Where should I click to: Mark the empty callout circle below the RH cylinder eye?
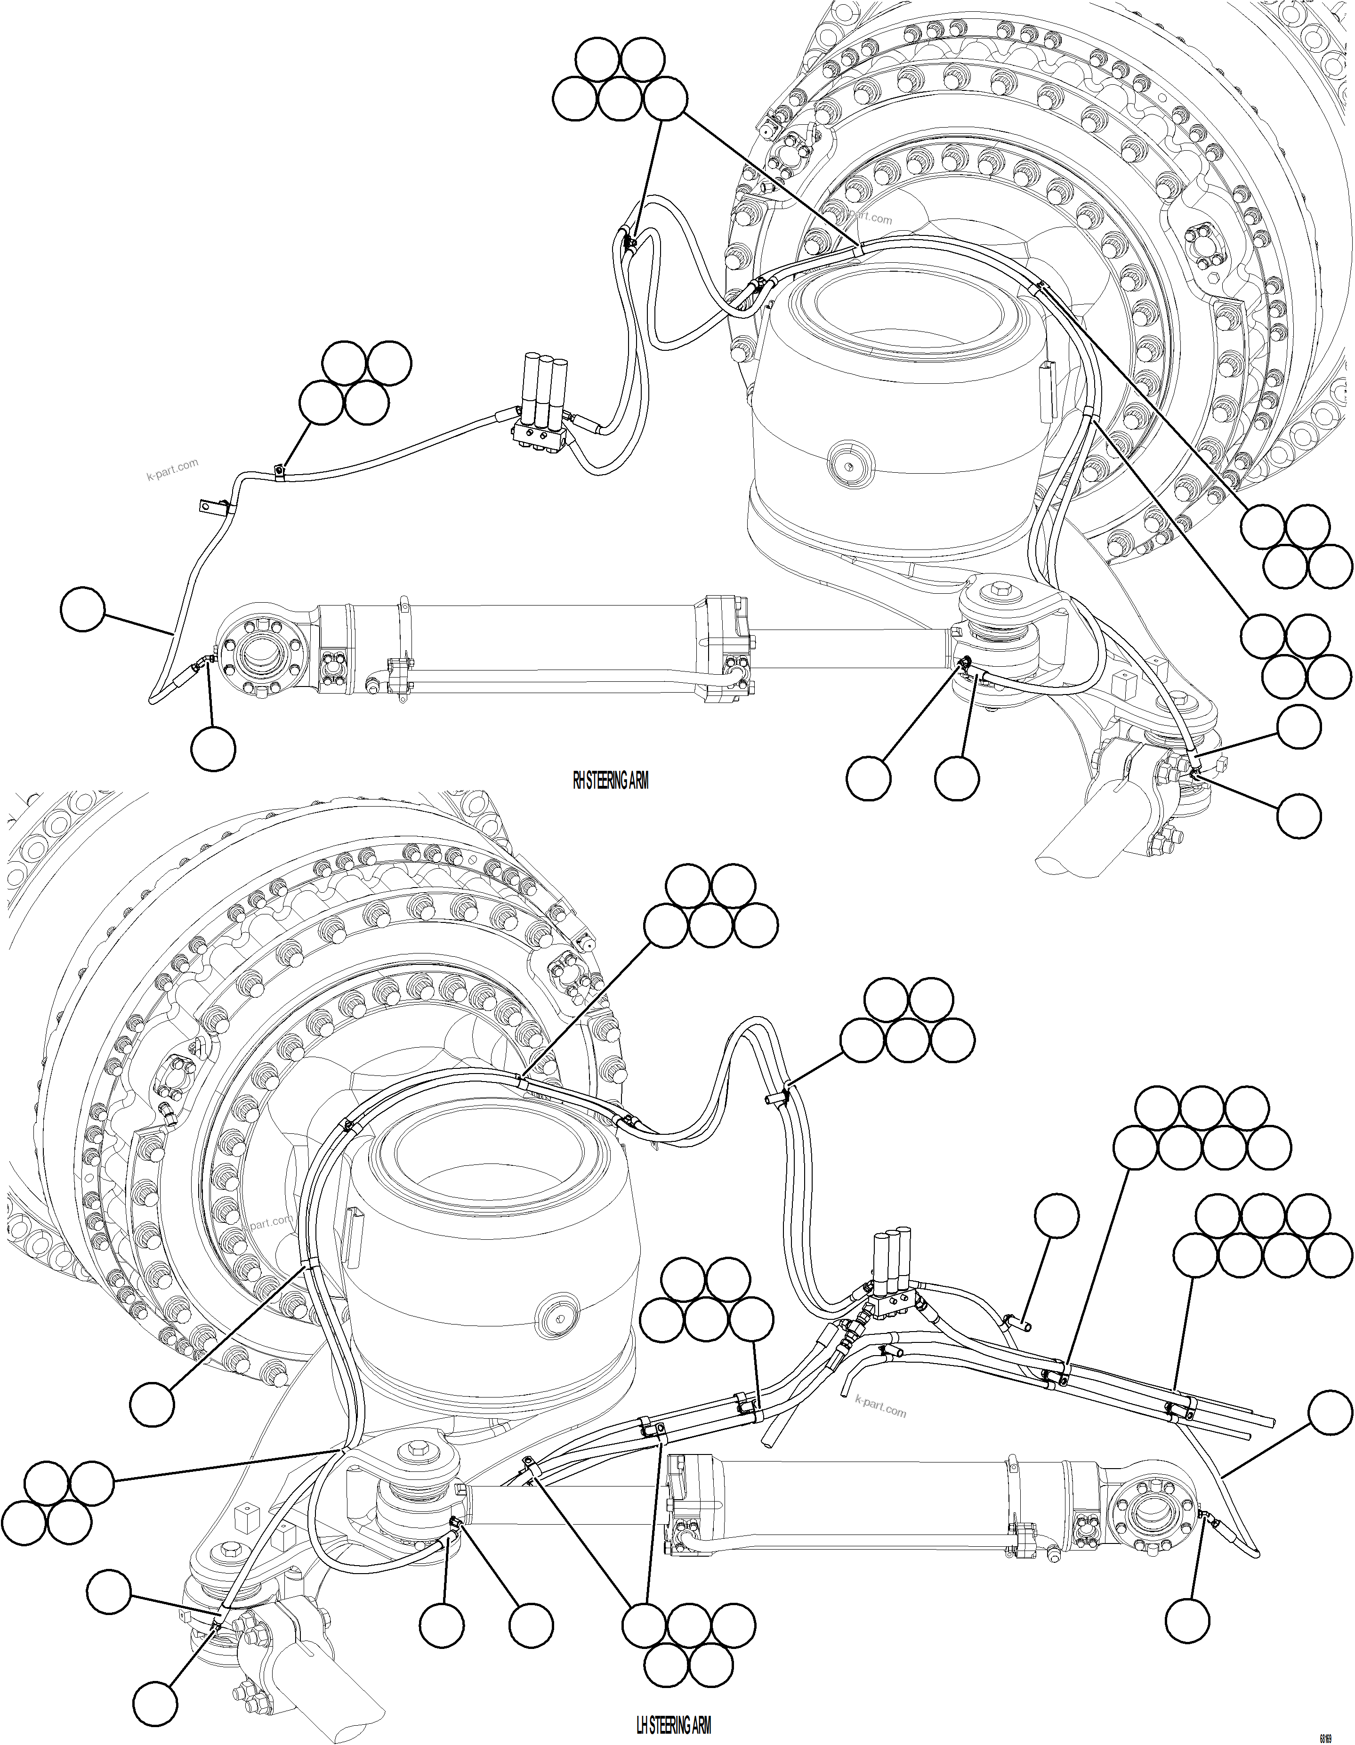pyautogui.click(x=213, y=749)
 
